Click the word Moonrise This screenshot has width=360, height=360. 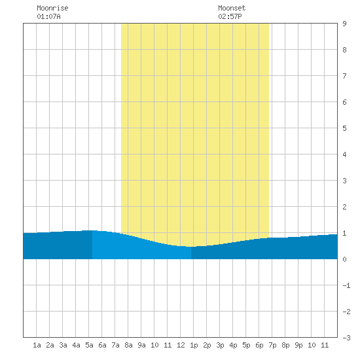[52, 8]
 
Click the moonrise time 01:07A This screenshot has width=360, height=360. [48, 16]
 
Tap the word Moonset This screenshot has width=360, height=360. [232, 8]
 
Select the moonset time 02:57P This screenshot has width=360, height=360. [230, 16]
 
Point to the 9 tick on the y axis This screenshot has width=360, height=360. [344, 24]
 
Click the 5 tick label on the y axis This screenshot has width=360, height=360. [344, 128]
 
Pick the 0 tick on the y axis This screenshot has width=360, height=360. [344, 259]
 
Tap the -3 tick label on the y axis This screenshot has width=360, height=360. [346, 338]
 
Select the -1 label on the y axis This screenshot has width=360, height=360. [346, 285]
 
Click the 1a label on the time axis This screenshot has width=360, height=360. [37, 345]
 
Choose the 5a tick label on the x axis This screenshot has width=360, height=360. [89, 345]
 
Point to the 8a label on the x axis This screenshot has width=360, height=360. [128, 345]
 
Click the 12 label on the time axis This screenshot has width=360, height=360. [181, 345]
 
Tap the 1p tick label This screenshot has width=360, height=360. [194, 345]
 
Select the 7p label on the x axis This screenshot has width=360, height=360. [272, 345]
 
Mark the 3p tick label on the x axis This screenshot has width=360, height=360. [220, 345]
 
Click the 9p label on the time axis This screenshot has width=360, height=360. [298, 345]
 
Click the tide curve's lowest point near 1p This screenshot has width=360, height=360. [191, 247]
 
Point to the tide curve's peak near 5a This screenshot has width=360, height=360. [90, 230]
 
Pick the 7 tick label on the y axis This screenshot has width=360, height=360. [344, 76]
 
